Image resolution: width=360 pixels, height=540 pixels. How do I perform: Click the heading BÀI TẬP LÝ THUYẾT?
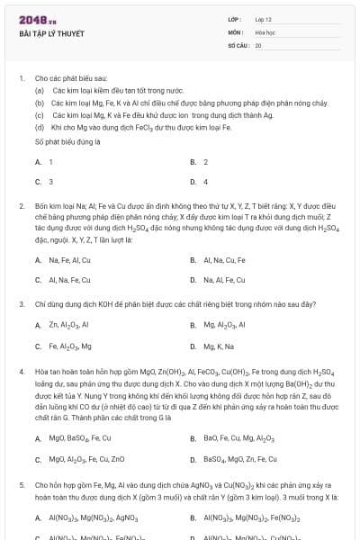[x=51, y=34]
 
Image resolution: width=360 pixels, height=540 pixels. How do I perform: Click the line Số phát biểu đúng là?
[x=67, y=142]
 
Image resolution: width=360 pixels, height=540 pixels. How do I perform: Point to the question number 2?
[x=22, y=206]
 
